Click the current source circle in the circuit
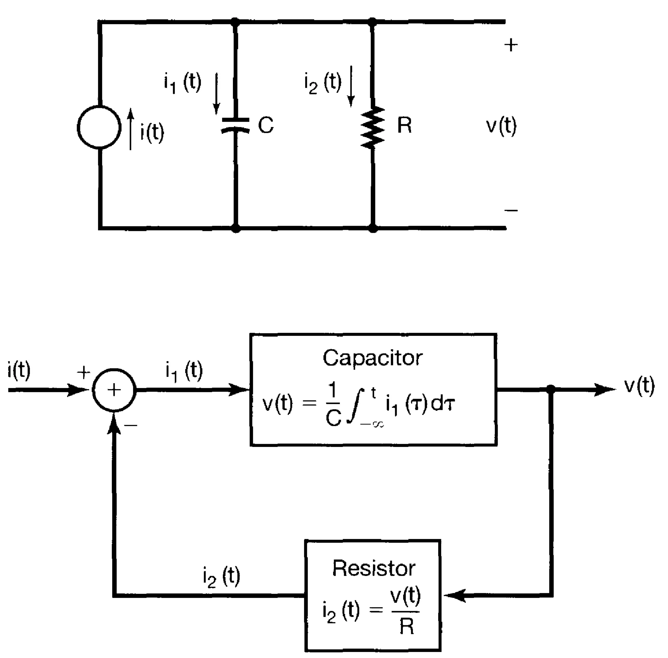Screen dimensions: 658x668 pyautogui.click(x=99, y=127)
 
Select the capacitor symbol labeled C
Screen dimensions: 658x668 pyautogui.click(x=235, y=125)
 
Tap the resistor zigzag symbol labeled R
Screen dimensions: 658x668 pyautogui.click(x=373, y=127)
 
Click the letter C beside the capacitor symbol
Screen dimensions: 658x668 pyautogui.click(x=266, y=125)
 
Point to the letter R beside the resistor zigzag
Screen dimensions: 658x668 pyautogui.click(x=404, y=125)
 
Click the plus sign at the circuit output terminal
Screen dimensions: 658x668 pyautogui.click(x=511, y=45)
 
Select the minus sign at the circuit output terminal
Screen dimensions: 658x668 pyautogui.click(x=511, y=211)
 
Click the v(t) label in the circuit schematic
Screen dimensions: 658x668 pyautogui.click(x=501, y=126)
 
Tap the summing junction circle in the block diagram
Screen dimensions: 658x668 pyautogui.click(x=114, y=390)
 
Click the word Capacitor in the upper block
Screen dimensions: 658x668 pyautogui.click(x=373, y=358)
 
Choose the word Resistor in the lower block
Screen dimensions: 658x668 pyautogui.click(x=373, y=569)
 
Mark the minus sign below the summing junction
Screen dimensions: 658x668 pyautogui.click(x=131, y=425)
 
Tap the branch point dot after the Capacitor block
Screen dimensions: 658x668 pyautogui.click(x=551, y=390)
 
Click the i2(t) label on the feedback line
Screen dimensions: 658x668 pyautogui.click(x=221, y=576)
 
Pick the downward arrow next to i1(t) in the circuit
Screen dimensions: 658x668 pyautogui.click(x=216, y=93)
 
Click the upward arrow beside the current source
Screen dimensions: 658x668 pyautogui.click(x=130, y=129)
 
